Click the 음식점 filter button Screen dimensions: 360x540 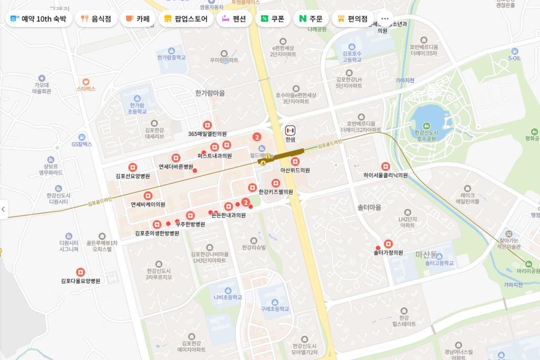tap(96, 18)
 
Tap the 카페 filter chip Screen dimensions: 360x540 tap(138, 18)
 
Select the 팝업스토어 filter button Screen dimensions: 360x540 tap(187, 18)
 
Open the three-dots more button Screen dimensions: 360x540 tap(384, 18)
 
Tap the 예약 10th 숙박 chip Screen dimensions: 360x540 tap(38, 18)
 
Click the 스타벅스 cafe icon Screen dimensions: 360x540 tap(86, 82)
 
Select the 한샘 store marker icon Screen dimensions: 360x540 tap(290, 130)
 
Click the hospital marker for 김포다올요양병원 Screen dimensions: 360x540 tap(80, 272)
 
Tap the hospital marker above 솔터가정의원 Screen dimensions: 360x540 tap(389, 244)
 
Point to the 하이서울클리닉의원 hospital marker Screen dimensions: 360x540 tap(385, 166)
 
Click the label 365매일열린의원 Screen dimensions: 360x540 tap(207, 134)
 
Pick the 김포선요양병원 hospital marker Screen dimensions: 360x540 tap(133, 167)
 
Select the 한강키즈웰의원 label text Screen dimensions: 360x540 tap(276, 192)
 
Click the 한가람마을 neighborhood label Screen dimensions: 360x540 tap(210, 93)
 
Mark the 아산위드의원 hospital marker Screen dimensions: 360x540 tap(295, 161)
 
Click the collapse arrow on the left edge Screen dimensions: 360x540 tap(4, 209)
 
